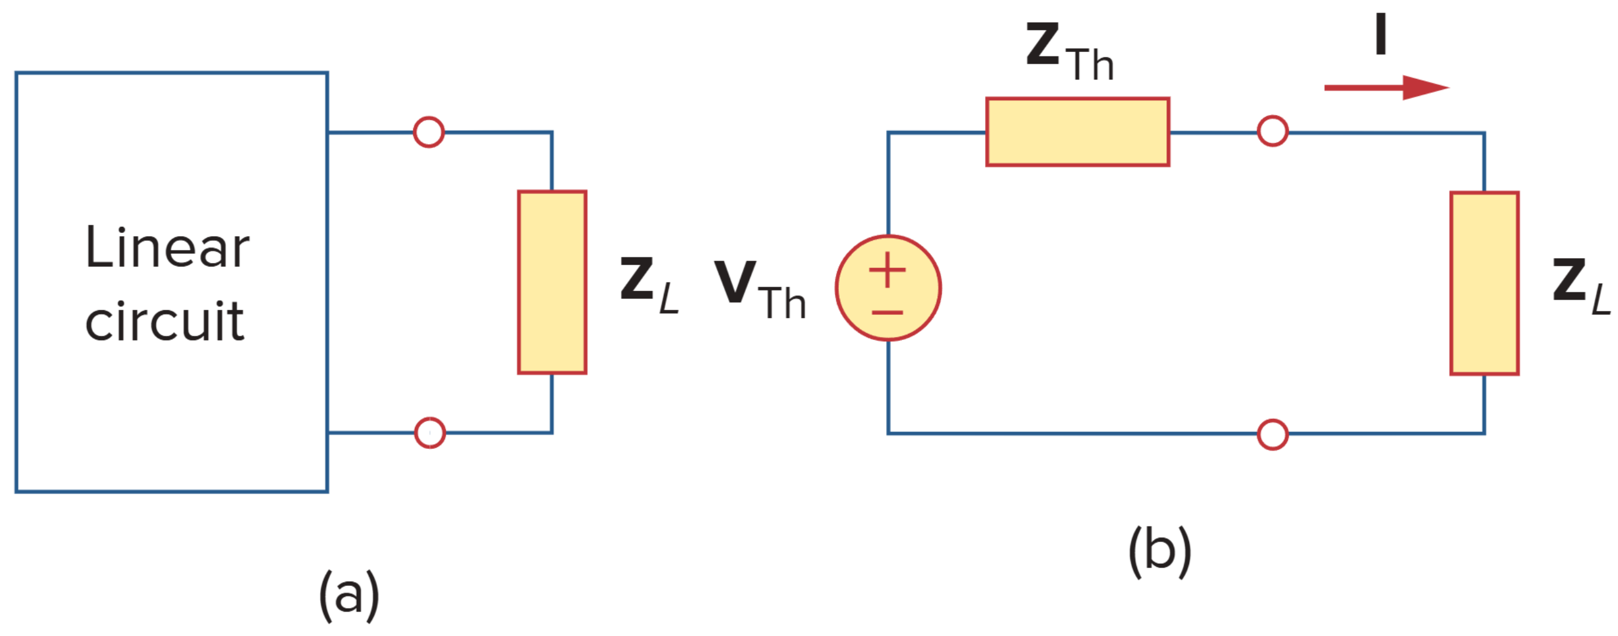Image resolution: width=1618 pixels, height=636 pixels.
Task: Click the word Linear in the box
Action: (167, 248)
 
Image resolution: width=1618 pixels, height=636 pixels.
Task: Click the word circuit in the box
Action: (165, 322)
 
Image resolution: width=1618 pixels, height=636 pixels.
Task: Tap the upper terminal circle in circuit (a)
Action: (429, 133)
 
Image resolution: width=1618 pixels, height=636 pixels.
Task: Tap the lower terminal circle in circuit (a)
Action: (430, 433)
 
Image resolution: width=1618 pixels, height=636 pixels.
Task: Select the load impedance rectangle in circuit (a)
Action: (552, 283)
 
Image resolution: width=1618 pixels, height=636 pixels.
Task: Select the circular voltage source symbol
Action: (888, 288)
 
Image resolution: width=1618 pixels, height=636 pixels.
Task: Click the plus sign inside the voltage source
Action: (887, 270)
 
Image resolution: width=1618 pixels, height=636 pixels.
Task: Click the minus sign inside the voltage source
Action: (887, 312)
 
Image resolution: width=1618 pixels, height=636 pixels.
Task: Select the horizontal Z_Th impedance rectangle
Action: (1077, 132)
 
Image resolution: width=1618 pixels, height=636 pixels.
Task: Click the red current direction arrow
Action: (1385, 88)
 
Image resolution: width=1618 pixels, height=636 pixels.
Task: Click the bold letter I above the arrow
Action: (1381, 34)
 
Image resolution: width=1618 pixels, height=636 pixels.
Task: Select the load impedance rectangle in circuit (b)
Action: (1484, 283)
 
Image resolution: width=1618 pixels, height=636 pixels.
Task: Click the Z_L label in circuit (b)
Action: (1580, 285)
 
